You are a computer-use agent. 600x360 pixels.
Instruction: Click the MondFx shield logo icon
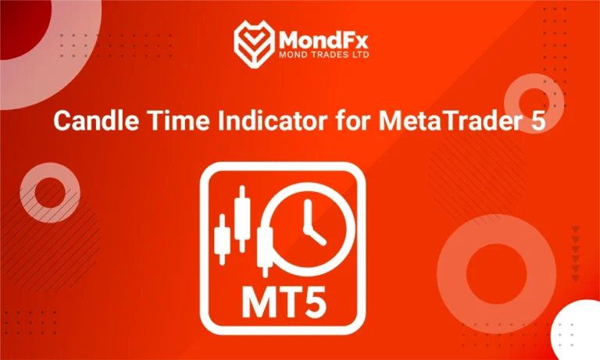[x=254, y=43]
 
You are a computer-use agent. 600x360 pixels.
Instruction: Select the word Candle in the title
[x=84, y=123]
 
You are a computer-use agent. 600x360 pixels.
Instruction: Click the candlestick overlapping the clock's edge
[x=265, y=248]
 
